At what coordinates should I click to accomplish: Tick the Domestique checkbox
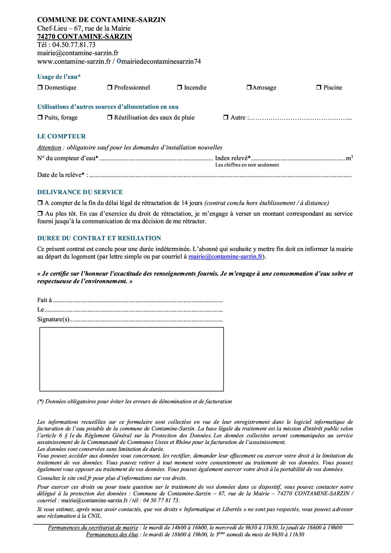coord(40,88)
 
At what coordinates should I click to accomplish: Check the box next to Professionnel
coord(110,88)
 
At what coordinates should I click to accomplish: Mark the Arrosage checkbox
coord(249,88)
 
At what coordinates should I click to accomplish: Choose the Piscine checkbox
coord(319,88)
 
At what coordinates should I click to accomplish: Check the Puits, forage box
coord(40,118)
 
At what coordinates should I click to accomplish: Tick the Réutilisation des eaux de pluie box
coord(110,118)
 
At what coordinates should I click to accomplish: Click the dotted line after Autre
coord(300,118)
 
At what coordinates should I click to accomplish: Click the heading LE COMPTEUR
coord(61,137)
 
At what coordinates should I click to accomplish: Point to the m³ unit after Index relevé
coord(349,158)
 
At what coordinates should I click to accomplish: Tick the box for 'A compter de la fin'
coord(40,203)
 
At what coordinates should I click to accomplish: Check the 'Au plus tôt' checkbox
coord(40,214)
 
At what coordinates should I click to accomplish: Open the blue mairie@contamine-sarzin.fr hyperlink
coord(225,257)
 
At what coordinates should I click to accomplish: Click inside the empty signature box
coord(131,359)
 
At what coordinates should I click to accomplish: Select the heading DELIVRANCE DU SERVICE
coord(80,192)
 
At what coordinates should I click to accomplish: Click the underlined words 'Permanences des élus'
coord(112,535)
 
